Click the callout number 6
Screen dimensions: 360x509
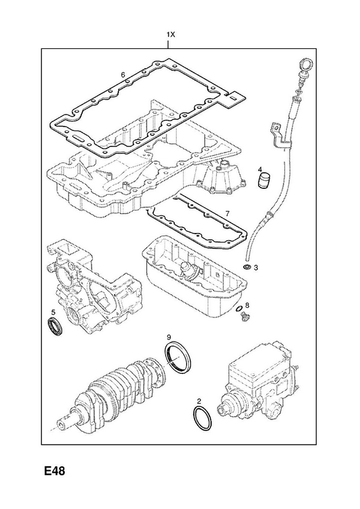click(123, 75)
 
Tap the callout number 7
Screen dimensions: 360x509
click(227, 214)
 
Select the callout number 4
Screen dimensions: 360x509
click(260, 169)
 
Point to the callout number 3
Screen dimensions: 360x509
click(256, 268)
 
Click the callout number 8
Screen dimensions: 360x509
click(247, 305)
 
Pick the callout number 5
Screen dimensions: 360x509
click(53, 312)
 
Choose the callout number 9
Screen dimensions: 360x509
click(169, 337)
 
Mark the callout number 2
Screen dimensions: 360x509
click(199, 401)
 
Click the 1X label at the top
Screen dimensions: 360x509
click(170, 34)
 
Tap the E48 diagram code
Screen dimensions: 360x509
click(55, 471)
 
